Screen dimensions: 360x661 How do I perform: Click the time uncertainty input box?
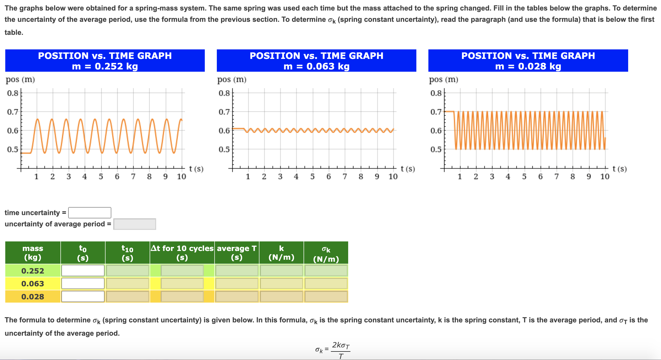(89, 213)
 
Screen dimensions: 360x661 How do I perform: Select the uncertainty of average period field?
(135, 224)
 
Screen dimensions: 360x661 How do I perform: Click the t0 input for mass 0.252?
(83, 271)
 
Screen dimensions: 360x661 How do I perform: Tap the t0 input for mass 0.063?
(83, 284)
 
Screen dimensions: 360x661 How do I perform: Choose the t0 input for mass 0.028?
(83, 296)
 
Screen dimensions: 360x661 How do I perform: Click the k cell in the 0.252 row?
(281, 271)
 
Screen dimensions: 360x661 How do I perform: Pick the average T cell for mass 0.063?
(237, 284)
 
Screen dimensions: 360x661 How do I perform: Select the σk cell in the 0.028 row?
(326, 296)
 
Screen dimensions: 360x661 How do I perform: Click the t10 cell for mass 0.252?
(127, 271)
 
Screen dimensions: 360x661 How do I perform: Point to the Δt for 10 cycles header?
(182, 252)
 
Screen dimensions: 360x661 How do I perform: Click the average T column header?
(237, 252)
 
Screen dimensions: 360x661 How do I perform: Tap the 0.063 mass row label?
(33, 284)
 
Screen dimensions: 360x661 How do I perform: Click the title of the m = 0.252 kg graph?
(105, 61)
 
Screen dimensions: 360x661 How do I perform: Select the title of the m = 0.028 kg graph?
(528, 61)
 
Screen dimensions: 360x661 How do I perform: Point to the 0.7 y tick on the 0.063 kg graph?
(224, 112)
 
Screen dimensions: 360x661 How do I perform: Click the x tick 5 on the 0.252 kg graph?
(101, 176)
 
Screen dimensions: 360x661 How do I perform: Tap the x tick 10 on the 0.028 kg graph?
(605, 176)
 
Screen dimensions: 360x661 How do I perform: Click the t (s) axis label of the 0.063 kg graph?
(408, 169)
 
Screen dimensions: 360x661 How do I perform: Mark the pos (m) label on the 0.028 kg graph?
(443, 79)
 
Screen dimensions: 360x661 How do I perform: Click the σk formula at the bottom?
(333, 350)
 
